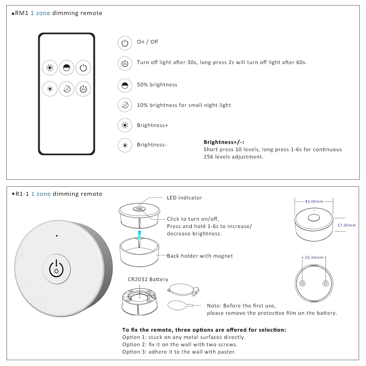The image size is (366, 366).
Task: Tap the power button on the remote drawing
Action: pos(83,68)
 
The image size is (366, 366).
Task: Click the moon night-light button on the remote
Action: pos(66,89)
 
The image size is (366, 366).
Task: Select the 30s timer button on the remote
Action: pos(83,89)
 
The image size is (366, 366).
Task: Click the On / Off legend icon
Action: pos(125,43)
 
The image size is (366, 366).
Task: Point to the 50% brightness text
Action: pos(157,85)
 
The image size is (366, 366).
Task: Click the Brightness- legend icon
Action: pos(125,145)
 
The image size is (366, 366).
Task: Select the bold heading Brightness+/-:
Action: pos(224,142)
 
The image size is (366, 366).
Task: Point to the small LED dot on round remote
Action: pos(57,236)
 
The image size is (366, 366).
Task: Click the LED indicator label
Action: pos(184,198)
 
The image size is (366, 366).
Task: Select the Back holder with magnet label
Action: pos(200,256)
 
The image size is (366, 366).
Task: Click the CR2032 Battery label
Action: pos(148,279)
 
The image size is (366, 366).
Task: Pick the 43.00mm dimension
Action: pos(314,201)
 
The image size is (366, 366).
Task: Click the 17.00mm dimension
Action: pos(346,225)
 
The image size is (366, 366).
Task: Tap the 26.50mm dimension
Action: pos(314,257)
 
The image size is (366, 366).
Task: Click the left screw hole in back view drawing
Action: pos(303,284)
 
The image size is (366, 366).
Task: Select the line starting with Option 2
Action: pos(180,344)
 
